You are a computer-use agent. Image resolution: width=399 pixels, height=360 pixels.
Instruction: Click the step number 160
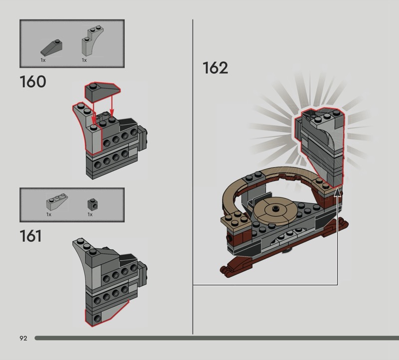(33, 81)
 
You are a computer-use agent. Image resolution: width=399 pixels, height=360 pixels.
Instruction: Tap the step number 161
(31, 235)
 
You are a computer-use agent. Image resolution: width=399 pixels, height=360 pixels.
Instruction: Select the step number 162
(215, 68)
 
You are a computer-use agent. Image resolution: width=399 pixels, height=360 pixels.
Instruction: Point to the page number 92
(23, 338)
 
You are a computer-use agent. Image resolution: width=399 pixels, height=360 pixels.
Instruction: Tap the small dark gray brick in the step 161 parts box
(91, 203)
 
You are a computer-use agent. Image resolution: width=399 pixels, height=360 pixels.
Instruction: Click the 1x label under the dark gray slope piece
(43, 60)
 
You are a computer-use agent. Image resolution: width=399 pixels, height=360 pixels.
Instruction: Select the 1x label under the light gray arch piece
(84, 60)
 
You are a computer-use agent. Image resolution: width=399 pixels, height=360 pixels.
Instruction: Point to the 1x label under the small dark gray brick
(90, 214)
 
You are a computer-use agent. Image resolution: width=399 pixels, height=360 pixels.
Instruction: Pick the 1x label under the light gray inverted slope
(49, 214)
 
